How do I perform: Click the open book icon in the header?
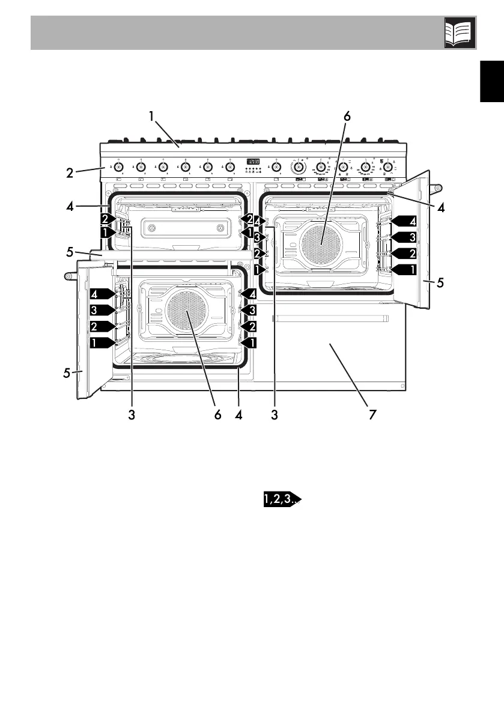coord(460,32)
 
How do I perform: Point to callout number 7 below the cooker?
coord(372,415)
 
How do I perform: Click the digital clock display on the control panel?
coord(253,162)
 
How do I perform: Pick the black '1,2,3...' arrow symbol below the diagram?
coord(279,499)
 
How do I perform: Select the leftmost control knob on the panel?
coord(118,166)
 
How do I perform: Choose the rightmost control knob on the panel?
coord(387,166)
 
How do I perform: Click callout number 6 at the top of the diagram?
coord(346,117)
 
